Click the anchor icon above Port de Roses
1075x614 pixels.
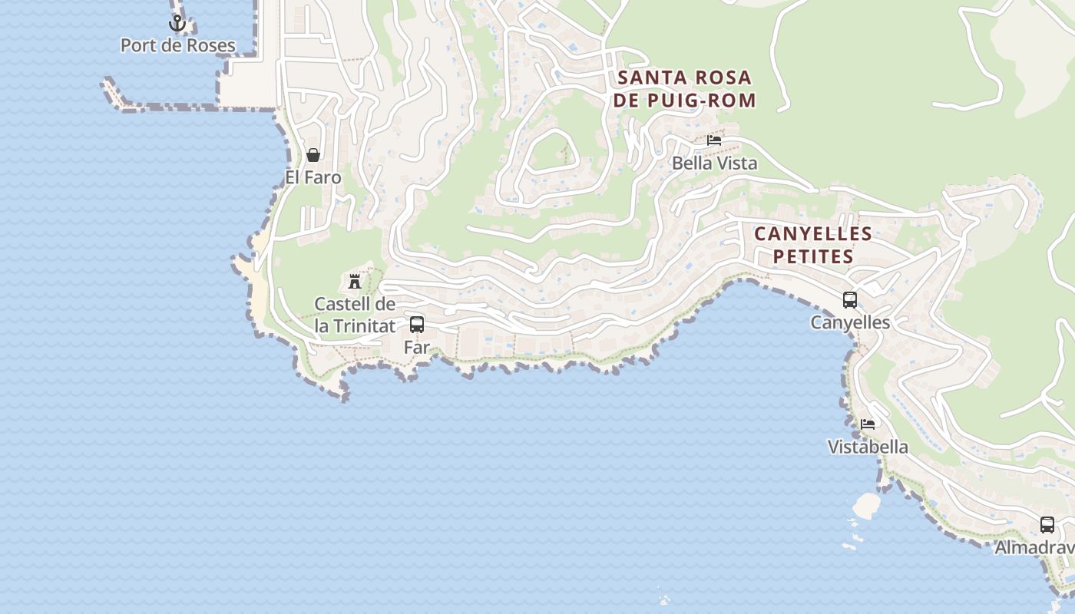point(177,24)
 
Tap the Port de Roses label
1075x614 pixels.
point(177,45)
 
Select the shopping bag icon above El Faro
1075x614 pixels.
point(313,155)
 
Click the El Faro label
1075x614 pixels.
point(313,177)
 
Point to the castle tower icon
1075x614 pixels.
point(355,281)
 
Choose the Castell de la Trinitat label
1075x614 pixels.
point(355,315)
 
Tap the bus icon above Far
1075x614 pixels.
point(417,324)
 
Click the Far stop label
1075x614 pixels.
point(417,347)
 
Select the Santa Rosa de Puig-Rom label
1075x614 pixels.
point(685,89)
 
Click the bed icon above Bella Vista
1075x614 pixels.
point(714,140)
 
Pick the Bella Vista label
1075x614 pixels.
point(714,163)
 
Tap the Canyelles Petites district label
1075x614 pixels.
point(813,245)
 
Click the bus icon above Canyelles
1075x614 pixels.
point(850,300)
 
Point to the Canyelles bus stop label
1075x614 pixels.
point(850,322)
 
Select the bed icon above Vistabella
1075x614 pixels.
point(868,424)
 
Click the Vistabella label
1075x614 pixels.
point(868,447)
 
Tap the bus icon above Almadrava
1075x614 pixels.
point(1047,525)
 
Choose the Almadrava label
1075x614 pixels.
point(1035,547)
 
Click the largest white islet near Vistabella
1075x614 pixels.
point(867,505)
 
